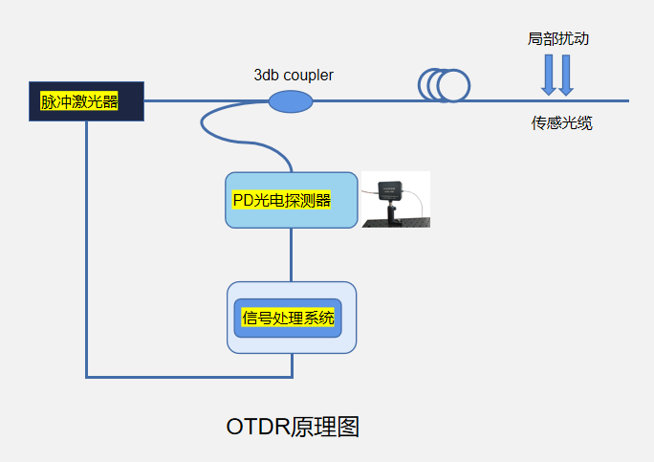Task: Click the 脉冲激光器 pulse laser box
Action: click(x=86, y=101)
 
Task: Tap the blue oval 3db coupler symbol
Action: click(x=291, y=100)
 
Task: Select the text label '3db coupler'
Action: click(x=294, y=75)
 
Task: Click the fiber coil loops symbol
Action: click(x=446, y=85)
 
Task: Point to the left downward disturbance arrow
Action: click(x=549, y=75)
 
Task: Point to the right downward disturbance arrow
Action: click(x=566, y=75)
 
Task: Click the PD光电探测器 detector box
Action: click(x=291, y=200)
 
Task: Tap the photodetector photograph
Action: click(x=396, y=200)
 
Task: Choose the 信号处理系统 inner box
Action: click(x=288, y=318)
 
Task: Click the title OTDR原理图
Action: click(x=293, y=427)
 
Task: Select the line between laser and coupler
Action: click(x=206, y=100)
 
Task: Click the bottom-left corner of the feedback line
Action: click(x=87, y=376)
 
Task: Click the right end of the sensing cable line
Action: click(x=625, y=100)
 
